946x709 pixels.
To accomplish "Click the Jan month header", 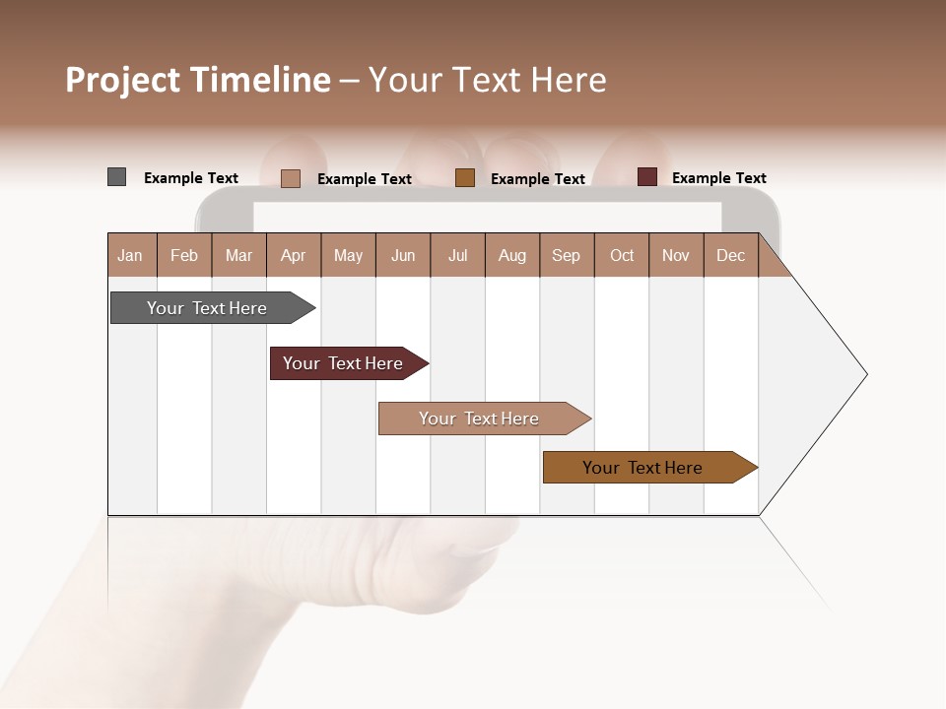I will coord(130,255).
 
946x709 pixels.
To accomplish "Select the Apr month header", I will coord(293,255).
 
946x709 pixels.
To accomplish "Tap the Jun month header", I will coord(402,255).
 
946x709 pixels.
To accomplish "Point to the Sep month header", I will coord(566,255).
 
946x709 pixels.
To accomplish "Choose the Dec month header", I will coord(730,255).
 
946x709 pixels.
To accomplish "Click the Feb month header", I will coord(184,255).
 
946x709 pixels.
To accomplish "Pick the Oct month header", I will coord(622,255).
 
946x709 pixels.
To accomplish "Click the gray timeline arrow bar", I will coord(207,308).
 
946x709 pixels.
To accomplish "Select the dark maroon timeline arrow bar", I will coord(343,363).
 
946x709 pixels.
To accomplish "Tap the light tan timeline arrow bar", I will coord(479,419).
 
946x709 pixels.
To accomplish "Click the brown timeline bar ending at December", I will coord(642,468).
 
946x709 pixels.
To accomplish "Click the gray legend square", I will coord(116,177).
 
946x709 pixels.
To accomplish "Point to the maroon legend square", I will coord(646,177).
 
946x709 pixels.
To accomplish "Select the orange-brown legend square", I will coord(465,178).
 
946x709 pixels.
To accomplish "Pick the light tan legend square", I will coord(291,178).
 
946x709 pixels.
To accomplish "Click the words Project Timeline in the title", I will coord(197,80).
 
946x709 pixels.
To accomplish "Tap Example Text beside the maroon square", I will coord(718,178).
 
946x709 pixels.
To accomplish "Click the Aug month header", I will coord(511,255).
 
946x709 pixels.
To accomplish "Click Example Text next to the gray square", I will coord(191,178).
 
